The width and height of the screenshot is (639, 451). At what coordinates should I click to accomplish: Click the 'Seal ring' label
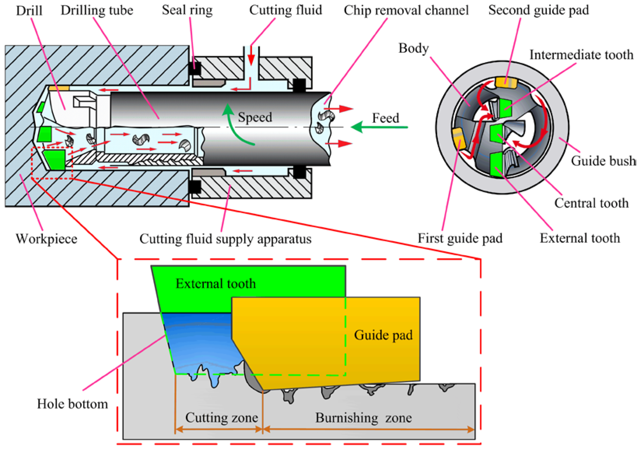187,10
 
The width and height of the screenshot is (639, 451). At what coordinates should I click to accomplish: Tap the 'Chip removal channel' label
406,10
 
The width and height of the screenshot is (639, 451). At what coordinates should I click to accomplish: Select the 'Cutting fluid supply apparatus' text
225,239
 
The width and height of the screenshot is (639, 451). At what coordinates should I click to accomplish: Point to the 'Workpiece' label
46,239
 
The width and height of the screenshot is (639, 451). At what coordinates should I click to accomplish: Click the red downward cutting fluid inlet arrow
251,56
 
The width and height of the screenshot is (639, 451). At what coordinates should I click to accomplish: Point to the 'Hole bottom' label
72,404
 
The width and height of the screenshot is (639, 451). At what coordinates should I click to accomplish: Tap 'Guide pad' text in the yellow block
383,335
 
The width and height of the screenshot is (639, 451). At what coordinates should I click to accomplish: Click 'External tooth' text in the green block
216,284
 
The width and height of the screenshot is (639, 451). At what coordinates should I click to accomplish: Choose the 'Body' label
414,48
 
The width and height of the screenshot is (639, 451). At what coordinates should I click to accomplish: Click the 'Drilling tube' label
97,11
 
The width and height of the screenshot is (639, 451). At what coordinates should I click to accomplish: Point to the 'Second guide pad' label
538,10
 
